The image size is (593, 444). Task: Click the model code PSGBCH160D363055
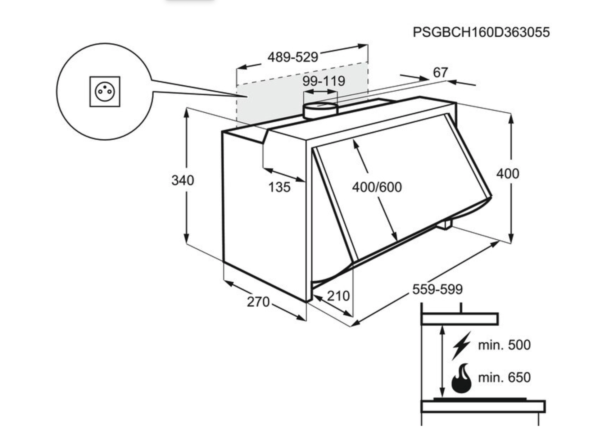(481, 32)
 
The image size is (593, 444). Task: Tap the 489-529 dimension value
(292, 57)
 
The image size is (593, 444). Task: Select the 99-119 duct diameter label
(324, 81)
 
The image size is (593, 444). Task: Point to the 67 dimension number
(440, 73)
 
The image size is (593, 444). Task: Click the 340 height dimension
(183, 180)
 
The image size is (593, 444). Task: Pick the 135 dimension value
(279, 187)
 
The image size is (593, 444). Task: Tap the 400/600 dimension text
(377, 187)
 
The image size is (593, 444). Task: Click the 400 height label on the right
(507, 174)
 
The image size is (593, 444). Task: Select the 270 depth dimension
(258, 302)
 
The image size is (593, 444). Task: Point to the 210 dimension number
(338, 296)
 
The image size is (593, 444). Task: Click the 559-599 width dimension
(437, 289)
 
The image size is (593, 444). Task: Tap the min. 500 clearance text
(504, 345)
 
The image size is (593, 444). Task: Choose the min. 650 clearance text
(504, 378)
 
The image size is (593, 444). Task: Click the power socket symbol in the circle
(105, 92)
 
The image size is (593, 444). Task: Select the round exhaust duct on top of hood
(320, 111)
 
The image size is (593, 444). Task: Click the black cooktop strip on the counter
(479, 399)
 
